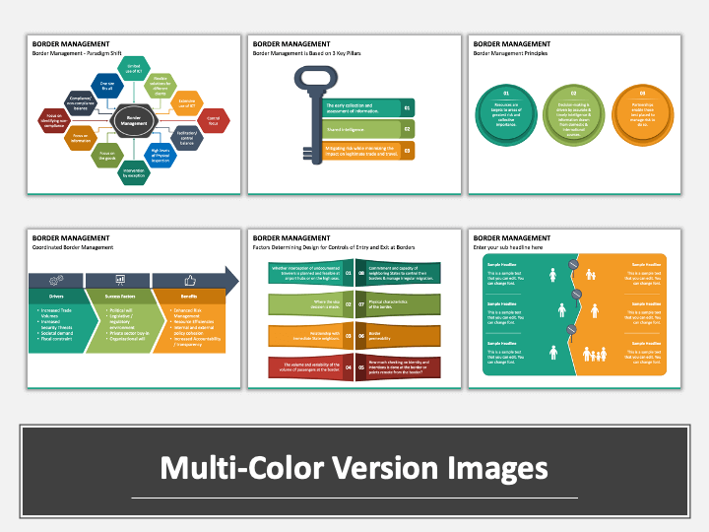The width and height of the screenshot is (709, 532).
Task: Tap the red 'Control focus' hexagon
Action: point(214,120)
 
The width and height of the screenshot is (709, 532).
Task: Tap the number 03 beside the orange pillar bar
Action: point(408,151)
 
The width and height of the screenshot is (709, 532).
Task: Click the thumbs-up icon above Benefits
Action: point(188,280)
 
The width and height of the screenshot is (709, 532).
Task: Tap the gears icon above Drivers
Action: point(56,280)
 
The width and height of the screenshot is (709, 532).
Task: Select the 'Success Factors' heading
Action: point(121,295)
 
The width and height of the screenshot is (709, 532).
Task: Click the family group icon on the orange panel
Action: point(594,352)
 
